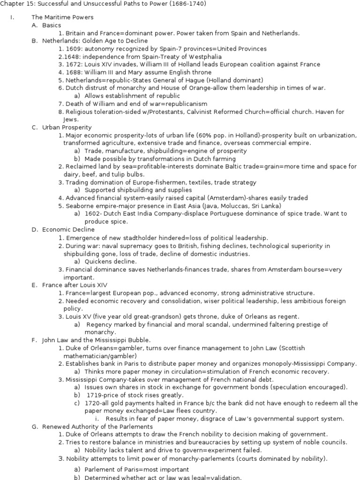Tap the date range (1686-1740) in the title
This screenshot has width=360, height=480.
coord(189,4)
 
